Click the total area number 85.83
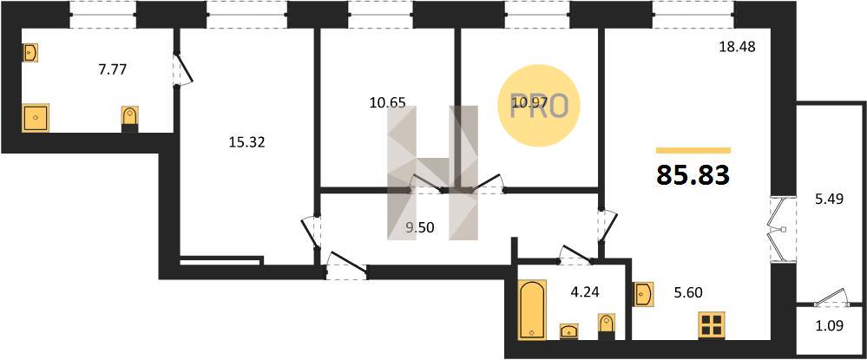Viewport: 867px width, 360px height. click(693, 175)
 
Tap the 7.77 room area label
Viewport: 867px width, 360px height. click(112, 69)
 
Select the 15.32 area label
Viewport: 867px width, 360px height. click(246, 142)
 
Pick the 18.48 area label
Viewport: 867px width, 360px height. click(737, 47)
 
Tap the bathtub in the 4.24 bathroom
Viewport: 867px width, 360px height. click(532, 309)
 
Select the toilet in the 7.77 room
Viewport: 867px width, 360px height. click(130, 119)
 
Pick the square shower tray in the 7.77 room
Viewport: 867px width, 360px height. click(36, 118)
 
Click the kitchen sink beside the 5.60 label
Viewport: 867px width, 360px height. click(644, 293)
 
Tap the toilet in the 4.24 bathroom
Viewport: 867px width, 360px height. click(607, 326)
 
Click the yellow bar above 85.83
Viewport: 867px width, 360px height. click(693, 150)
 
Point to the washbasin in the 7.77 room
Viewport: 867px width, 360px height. click(30, 53)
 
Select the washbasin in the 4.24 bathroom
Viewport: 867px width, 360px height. click(569, 331)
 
